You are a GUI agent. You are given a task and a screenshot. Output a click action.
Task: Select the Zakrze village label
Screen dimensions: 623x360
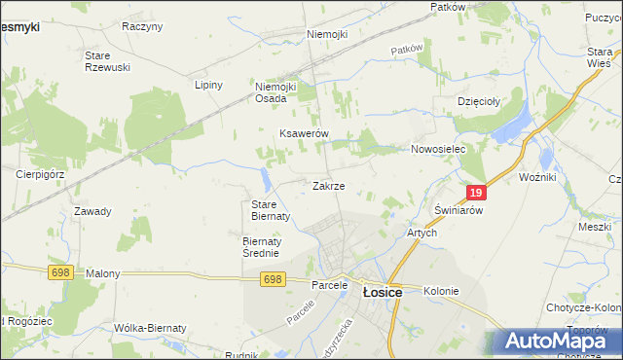(x=328, y=186)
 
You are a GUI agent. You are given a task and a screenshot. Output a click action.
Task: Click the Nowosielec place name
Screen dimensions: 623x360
(x=439, y=149)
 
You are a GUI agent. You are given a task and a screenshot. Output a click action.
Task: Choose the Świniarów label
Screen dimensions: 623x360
(x=458, y=210)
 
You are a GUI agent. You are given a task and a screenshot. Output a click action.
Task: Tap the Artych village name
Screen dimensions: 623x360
(x=421, y=234)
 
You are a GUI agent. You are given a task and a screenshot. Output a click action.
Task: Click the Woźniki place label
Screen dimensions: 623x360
(x=537, y=179)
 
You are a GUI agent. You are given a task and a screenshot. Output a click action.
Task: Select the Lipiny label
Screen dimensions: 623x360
(x=209, y=85)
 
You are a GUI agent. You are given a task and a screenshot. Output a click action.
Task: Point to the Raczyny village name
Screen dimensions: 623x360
(x=142, y=26)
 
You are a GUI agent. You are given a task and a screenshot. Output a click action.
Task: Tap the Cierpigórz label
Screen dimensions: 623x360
(x=40, y=174)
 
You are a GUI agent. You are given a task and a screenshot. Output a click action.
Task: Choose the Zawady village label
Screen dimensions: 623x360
(x=92, y=211)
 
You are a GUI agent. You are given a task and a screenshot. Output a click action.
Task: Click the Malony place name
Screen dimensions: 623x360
(x=103, y=274)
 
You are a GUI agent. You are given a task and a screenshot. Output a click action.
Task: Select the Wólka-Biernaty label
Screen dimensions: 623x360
(x=149, y=328)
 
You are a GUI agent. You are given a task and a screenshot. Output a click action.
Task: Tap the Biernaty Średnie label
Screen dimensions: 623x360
(x=261, y=247)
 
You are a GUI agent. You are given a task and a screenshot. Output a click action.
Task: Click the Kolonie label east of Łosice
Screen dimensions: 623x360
(x=441, y=291)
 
